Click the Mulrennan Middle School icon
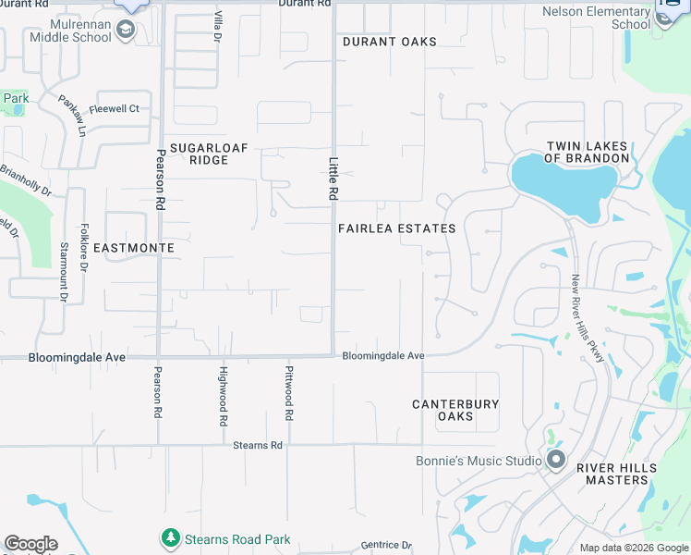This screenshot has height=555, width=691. pos(126,31)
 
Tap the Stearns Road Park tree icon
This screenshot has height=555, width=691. pos(170,538)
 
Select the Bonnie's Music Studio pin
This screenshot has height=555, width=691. pos(555,459)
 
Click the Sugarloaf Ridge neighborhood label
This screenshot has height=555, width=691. pos(195,154)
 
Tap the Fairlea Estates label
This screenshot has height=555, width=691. pos(396,228)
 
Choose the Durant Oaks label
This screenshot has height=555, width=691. pos(389,42)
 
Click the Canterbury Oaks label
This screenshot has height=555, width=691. pos(455,410)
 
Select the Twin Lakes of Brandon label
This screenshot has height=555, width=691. pos(587,153)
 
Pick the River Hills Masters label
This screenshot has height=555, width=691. pos(616,474)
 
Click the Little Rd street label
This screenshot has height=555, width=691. pos(332,179)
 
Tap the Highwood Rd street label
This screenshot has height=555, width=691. pos(223,395)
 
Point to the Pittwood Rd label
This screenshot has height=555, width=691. pos(289,394)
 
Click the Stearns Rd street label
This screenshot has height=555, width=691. pos(258,445)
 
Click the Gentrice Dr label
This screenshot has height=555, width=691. pos(384,545)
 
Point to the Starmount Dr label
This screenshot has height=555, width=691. pos(64,272)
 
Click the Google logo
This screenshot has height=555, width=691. pos(30,544)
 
